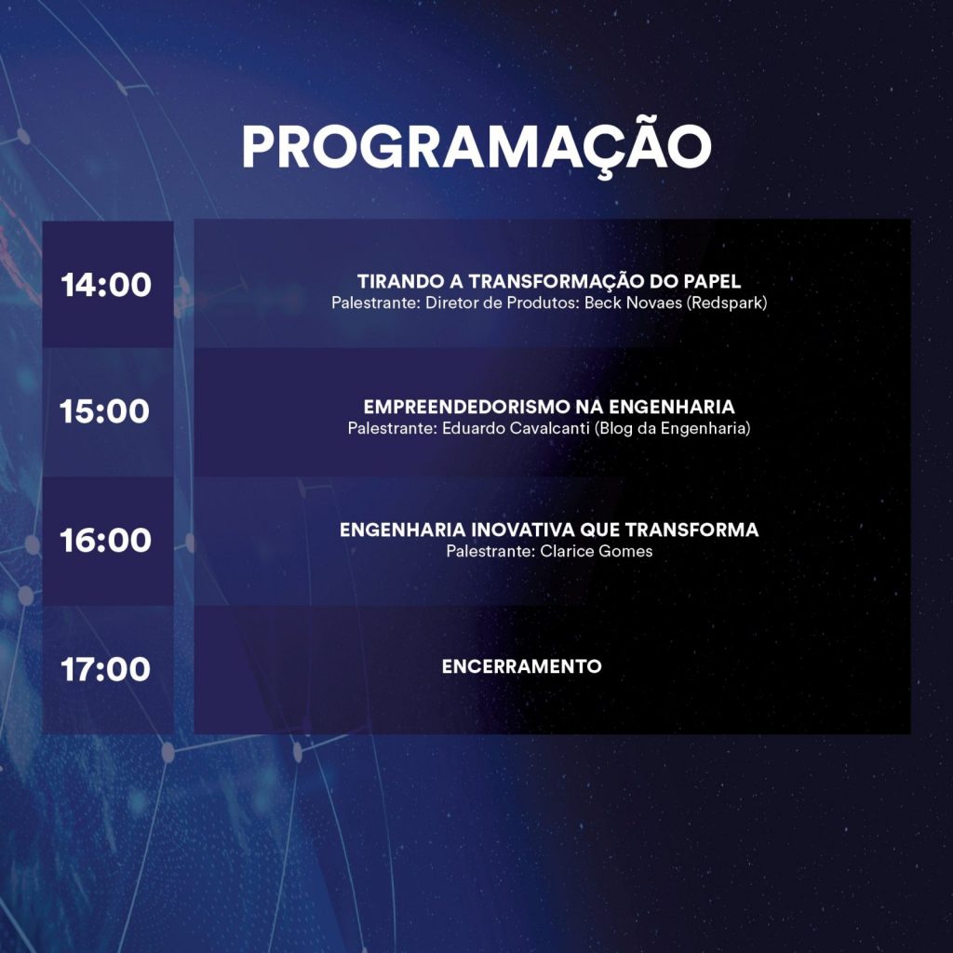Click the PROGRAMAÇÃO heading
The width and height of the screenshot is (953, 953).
click(x=476, y=148)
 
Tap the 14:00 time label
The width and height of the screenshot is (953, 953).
click(x=106, y=285)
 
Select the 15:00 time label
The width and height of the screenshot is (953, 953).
click(x=104, y=410)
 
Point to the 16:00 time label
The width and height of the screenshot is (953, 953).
click(x=106, y=540)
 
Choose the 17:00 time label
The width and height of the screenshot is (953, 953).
click(x=105, y=668)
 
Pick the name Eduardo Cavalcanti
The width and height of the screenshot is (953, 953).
click(x=516, y=428)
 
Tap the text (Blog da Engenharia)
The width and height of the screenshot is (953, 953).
click(x=673, y=428)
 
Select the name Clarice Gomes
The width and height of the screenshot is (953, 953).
click(x=597, y=551)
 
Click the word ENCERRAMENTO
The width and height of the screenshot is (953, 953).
click(x=521, y=666)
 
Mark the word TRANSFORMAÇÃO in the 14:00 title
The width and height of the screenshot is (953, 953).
click(x=557, y=282)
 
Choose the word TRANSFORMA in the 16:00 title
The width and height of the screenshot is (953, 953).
click(x=691, y=530)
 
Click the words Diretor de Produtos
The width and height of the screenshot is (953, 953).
click(x=501, y=302)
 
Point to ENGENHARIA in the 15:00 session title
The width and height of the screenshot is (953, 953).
click(x=672, y=407)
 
